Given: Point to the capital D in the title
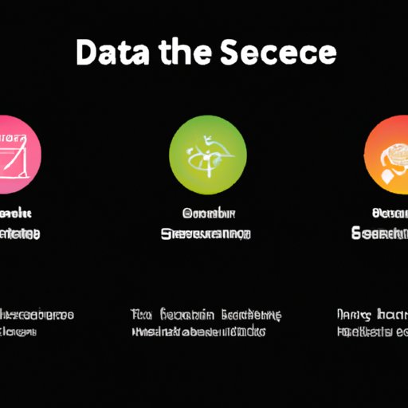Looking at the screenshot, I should coord(88,54).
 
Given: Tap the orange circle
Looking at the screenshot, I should coord(387,151).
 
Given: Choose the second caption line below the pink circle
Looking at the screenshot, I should coord(20,234).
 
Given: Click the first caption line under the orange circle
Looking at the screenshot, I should coord(388,214).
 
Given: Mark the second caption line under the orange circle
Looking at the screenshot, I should coord(380,234).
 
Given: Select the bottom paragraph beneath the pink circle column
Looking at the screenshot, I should coord(36,323).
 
